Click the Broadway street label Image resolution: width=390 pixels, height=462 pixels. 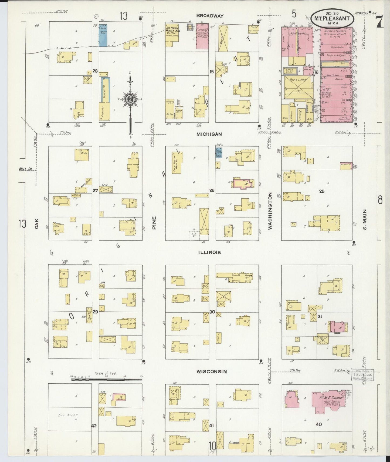[x=210, y=16]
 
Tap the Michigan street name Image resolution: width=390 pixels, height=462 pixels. [x=209, y=134]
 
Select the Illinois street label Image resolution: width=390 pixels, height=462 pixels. [x=209, y=252]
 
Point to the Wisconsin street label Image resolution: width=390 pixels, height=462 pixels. [x=211, y=371]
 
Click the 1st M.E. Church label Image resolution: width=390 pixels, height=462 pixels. [x=327, y=398]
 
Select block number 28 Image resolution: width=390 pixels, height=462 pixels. [x=95, y=71]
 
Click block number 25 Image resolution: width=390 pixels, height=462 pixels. [x=321, y=191]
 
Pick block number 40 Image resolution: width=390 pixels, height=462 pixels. [x=319, y=424]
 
